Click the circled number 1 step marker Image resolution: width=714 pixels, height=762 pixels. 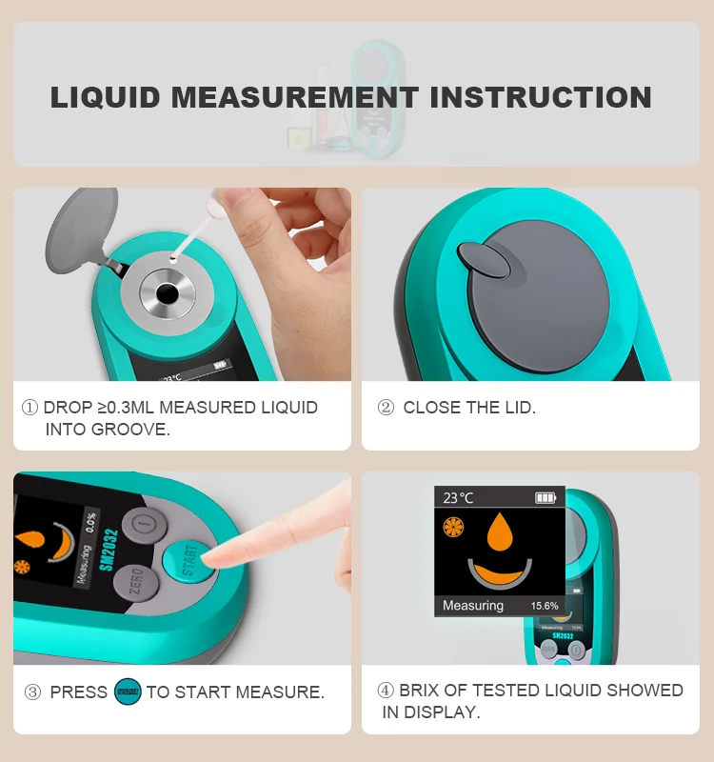coord(30,408)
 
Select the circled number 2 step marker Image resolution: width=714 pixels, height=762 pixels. coord(386,408)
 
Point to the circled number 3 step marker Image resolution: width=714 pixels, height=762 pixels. coord(32,692)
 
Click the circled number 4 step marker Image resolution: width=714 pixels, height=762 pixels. coord(386,690)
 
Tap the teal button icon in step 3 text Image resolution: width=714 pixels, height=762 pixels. coord(127,692)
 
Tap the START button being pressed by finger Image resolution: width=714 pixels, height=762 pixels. coord(186,559)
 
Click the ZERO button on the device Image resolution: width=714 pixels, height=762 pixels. coord(135,581)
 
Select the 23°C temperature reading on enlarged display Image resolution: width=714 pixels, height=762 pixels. coord(458,497)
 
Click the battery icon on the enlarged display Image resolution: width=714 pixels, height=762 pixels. coord(545,497)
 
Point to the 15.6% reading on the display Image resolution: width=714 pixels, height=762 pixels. coord(545,606)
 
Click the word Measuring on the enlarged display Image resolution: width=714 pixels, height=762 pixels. coord(473,606)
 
